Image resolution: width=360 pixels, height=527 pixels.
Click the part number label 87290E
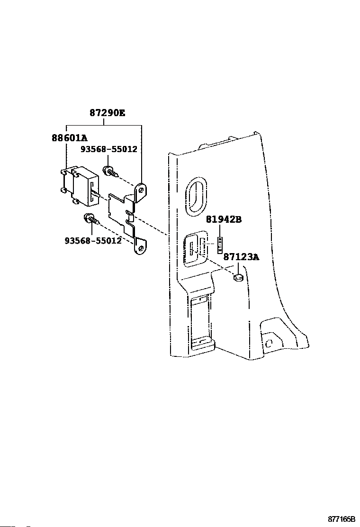[108, 113]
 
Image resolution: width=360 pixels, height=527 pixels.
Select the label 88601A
[70, 138]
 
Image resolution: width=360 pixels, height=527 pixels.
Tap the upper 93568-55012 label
[108, 149]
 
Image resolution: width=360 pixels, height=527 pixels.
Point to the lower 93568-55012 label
[93, 240]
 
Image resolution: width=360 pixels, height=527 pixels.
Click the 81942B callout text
[224, 219]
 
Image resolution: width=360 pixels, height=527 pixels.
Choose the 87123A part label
[242, 257]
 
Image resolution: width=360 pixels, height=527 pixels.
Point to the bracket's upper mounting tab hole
[141, 191]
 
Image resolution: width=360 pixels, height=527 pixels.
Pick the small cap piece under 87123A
[238, 277]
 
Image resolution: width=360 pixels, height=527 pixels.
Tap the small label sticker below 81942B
[220, 245]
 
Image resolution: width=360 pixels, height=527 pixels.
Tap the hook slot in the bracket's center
[131, 218]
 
